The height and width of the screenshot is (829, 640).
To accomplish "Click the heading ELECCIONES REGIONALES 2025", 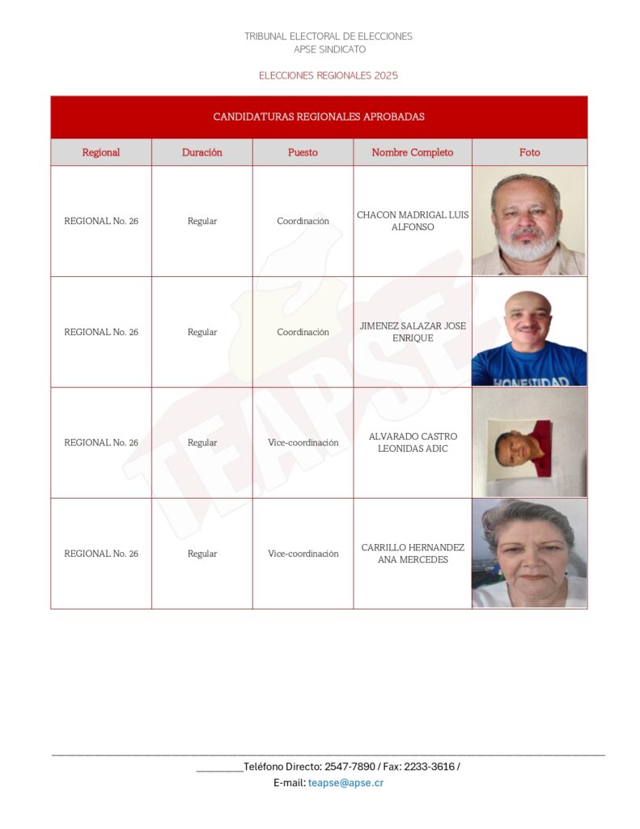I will tap(328, 75).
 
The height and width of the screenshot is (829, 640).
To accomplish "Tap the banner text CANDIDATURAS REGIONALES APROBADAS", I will tap(319, 117).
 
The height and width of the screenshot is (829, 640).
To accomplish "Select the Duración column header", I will tap(201, 152).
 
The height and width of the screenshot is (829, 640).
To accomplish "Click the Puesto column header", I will tap(303, 152).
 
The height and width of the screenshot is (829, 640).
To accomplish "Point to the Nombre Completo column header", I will tap(412, 152).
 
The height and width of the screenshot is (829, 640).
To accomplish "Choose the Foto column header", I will tap(529, 152).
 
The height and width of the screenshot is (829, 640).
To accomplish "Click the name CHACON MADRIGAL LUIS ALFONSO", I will tap(413, 221).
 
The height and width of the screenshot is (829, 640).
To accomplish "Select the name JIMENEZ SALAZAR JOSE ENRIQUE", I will tap(413, 332).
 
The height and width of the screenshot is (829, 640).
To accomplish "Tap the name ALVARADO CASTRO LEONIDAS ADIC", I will tap(413, 443).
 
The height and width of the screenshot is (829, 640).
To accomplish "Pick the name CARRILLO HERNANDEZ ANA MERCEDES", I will tap(413, 554).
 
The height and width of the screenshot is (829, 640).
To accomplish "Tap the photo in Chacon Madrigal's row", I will tap(529, 221).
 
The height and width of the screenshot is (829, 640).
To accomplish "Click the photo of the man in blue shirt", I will tap(529, 332).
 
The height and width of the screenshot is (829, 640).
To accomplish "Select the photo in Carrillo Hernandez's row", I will tap(529, 554).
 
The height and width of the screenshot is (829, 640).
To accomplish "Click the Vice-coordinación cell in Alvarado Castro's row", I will tap(303, 443).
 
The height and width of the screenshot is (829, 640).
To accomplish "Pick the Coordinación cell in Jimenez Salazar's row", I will tap(303, 332).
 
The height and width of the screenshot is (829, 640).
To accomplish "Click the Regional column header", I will tap(101, 152).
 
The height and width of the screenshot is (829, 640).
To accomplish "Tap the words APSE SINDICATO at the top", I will tap(329, 49).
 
